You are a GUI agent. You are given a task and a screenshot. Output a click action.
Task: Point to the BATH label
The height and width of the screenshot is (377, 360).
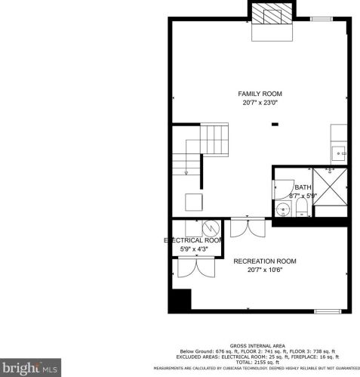302,187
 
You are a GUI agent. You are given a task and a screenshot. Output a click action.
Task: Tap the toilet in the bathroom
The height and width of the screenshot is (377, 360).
300,209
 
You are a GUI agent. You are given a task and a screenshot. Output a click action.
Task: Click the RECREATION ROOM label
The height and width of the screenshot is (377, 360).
264,261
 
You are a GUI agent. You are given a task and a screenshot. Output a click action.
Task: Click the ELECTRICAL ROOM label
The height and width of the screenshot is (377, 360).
194,240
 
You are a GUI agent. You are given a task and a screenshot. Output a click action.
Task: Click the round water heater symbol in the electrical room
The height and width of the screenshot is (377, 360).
211,227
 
